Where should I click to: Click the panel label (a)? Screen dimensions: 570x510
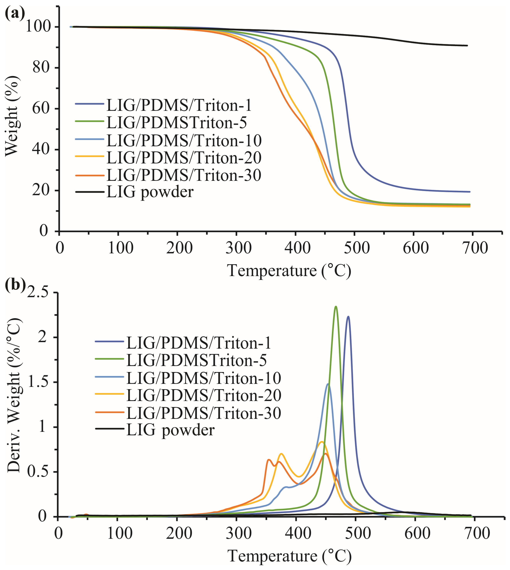pos(15,13)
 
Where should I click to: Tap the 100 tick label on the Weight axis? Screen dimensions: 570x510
pos(38,27)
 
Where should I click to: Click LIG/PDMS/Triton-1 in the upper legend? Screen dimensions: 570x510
pos(179,105)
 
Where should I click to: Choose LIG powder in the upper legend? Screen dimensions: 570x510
pos(150,192)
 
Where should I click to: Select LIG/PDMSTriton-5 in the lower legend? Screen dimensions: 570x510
pos(196,360)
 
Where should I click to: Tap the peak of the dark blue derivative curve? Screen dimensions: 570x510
pos(348,316)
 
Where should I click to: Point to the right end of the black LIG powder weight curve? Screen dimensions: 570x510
pos(467,46)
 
